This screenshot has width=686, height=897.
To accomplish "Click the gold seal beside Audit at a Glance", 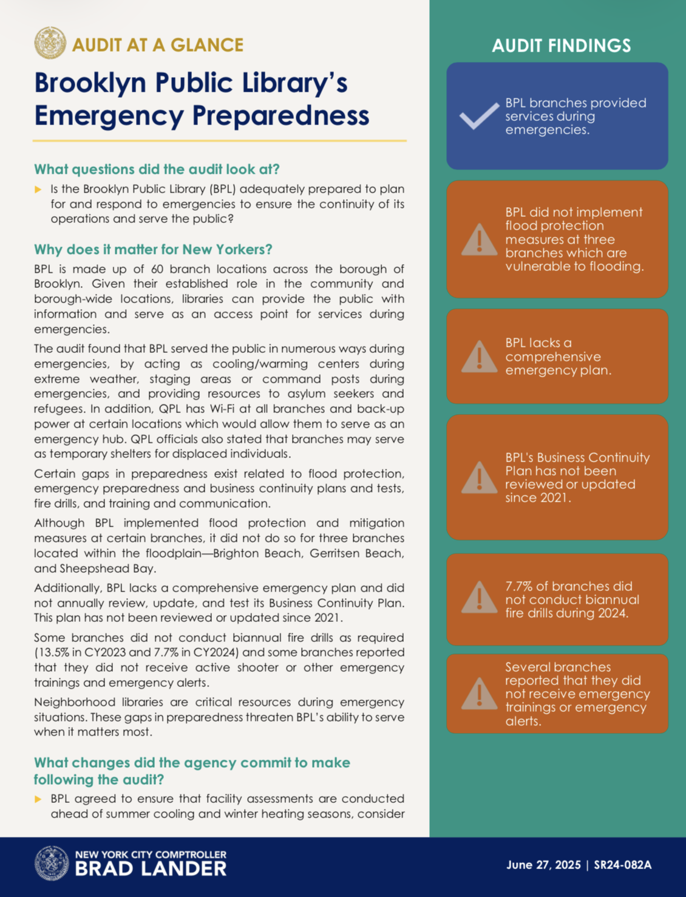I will click(x=50, y=43).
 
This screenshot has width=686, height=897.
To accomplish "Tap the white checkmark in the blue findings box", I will click(x=479, y=116).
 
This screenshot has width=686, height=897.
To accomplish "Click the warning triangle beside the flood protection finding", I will click(x=479, y=240).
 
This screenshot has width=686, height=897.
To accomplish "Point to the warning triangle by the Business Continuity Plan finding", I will click(x=479, y=477).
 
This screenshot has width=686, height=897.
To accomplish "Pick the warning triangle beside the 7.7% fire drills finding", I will click(x=479, y=598).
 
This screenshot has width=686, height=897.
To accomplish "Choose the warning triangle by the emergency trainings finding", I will click(x=479, y=694).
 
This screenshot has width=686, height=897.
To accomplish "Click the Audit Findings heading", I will click(x=561, y=46).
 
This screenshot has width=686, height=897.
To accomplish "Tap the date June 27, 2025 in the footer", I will click(x=543, y=865).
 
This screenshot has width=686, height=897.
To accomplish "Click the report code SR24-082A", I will click(x=622, y=865).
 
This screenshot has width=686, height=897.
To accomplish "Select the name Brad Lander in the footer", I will click(x=151, y=869).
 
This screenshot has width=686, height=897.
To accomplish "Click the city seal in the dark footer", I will click(x=52, y=864).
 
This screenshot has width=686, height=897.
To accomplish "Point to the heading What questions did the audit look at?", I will click(x=157, y=169).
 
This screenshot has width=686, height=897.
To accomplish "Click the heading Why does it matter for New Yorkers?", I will click(x=153, y=249).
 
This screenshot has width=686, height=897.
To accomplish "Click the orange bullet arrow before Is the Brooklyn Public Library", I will click(x=38, y=189).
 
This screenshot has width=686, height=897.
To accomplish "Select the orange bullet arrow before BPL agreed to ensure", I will click(x=38, y=799).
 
